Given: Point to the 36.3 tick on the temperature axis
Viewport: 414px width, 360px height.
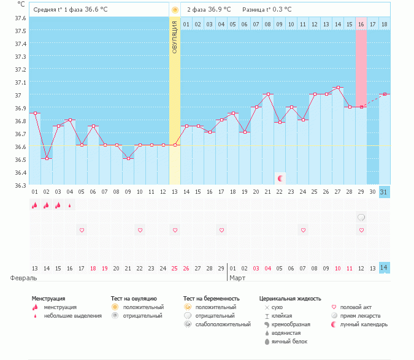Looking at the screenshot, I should coord(20,185).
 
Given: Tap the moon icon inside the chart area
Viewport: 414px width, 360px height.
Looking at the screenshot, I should coord(280,178).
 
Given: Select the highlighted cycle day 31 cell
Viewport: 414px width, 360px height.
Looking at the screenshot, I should coord(384,192).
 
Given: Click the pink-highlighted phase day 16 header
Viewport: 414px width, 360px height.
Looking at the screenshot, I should coord(361,24).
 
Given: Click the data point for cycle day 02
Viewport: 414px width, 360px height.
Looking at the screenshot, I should coord(47,159).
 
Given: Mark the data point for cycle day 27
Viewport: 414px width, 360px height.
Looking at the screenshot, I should coord(338,88).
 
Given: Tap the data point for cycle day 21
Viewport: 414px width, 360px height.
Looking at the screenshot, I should coord(268,94).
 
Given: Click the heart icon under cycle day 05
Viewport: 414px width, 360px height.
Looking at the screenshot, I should coord(82,230).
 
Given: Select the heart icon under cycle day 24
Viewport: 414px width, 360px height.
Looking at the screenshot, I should coord(303,230).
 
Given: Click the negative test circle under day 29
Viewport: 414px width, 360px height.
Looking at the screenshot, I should coord(361,217).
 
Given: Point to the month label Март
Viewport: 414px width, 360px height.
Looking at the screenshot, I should coord(237,278).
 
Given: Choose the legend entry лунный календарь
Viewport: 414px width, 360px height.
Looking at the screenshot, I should coord(362,324).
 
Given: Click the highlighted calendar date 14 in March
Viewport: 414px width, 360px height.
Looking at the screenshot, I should coord(384,268).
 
